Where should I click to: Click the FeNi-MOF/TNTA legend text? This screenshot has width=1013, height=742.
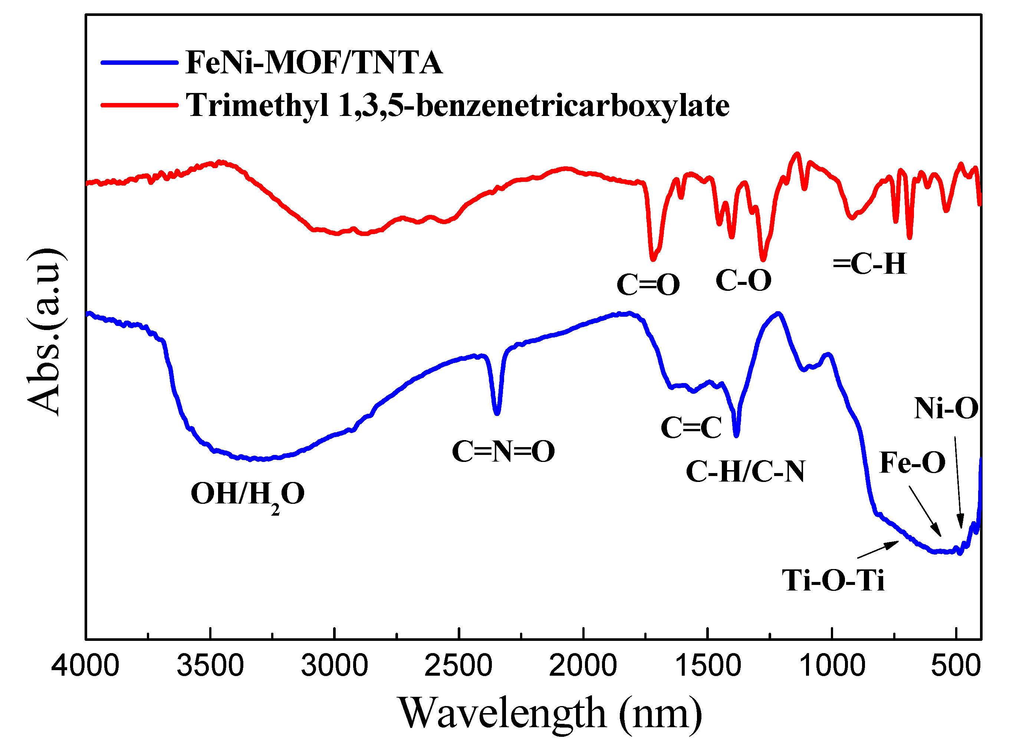pos(313,63)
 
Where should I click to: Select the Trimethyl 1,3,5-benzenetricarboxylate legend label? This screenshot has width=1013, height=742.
pos(457,106)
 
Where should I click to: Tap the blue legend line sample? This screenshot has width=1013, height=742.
pos(139,63)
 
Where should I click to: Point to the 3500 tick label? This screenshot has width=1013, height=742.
pos(210,666)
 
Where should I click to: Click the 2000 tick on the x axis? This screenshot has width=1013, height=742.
pos(583,666)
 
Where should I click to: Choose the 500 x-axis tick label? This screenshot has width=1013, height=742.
pos(956,666)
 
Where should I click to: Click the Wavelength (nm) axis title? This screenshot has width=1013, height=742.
pos(550,713)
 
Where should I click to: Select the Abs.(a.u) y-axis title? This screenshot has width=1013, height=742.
pos(44,332)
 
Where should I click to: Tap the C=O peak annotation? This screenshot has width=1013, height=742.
pos(648,285)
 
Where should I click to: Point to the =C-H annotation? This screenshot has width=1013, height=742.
pos(869,264)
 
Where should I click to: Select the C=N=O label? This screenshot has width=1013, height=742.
pos(503,452)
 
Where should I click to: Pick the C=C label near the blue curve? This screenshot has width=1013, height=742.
pos(691,427)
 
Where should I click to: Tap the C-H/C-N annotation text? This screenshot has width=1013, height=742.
pos(745,472)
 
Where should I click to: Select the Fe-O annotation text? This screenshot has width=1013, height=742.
pos(912,463)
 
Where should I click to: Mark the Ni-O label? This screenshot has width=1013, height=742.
pos(946,409)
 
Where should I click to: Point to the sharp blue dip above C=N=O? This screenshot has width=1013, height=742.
pos(497,411)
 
